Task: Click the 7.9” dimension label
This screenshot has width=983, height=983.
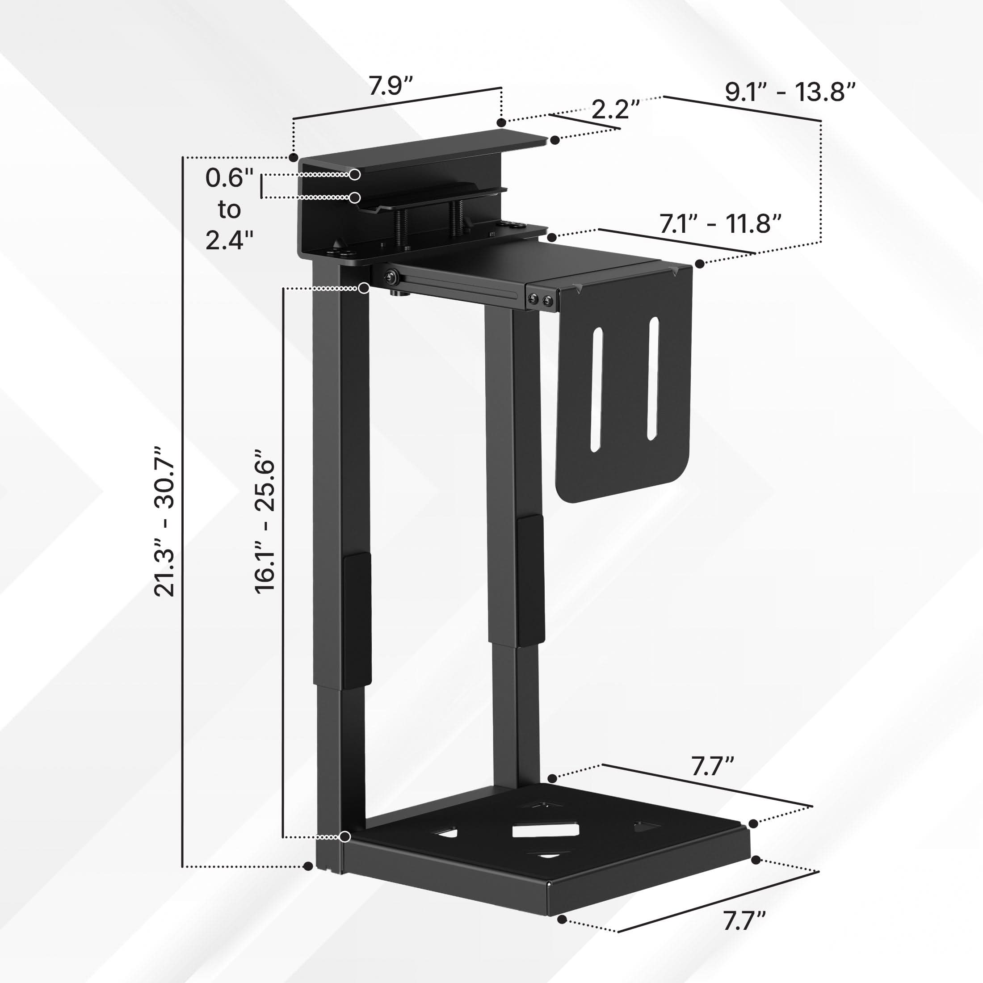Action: coord(390,85)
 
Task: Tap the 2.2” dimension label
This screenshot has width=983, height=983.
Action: coord(615,109)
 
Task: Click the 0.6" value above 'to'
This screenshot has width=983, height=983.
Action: coord(229,178)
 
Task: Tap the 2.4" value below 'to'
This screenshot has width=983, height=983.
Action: coord(229,239)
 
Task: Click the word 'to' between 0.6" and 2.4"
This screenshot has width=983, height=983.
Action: coord(229,209)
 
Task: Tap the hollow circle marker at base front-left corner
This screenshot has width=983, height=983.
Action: coord(345,836)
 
